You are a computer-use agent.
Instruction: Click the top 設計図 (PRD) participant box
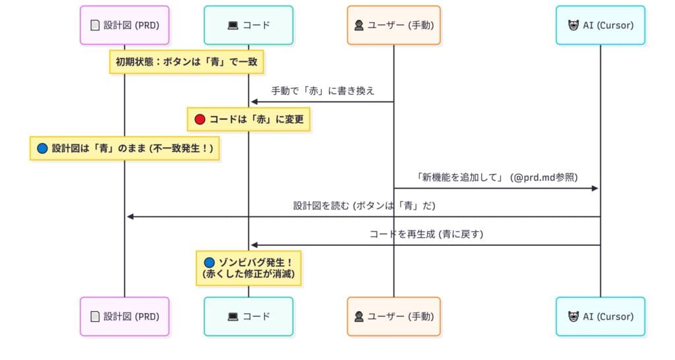coord(125,25)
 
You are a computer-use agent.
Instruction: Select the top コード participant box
coord(249,25)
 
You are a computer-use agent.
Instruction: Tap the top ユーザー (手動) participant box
coord(394,25)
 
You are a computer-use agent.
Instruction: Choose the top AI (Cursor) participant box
coord(600,25)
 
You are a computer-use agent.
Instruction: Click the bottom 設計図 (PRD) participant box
coord(125,316)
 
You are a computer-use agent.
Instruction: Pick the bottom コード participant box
coord(249,316)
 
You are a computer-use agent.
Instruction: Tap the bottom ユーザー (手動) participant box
coord(394,316)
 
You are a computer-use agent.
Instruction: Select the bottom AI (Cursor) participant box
coord(600,316)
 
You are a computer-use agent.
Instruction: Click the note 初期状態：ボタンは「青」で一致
coord(187,63)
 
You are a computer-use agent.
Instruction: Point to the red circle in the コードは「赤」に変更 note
coord(200,120)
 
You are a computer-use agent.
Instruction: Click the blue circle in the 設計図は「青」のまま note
coord(43,148)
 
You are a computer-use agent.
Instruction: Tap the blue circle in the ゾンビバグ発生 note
coord(210,262)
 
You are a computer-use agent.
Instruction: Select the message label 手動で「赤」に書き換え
coord(323,91)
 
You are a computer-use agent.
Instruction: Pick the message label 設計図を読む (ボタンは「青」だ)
coord(364,206)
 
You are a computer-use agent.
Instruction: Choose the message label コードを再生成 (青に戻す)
coord(426,234)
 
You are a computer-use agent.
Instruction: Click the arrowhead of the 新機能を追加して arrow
coord(595,189)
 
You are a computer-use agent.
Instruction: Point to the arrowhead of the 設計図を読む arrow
coord(131,216)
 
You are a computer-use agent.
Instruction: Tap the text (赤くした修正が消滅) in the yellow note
coord(249,274)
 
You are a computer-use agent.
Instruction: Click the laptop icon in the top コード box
coord(233,26)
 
